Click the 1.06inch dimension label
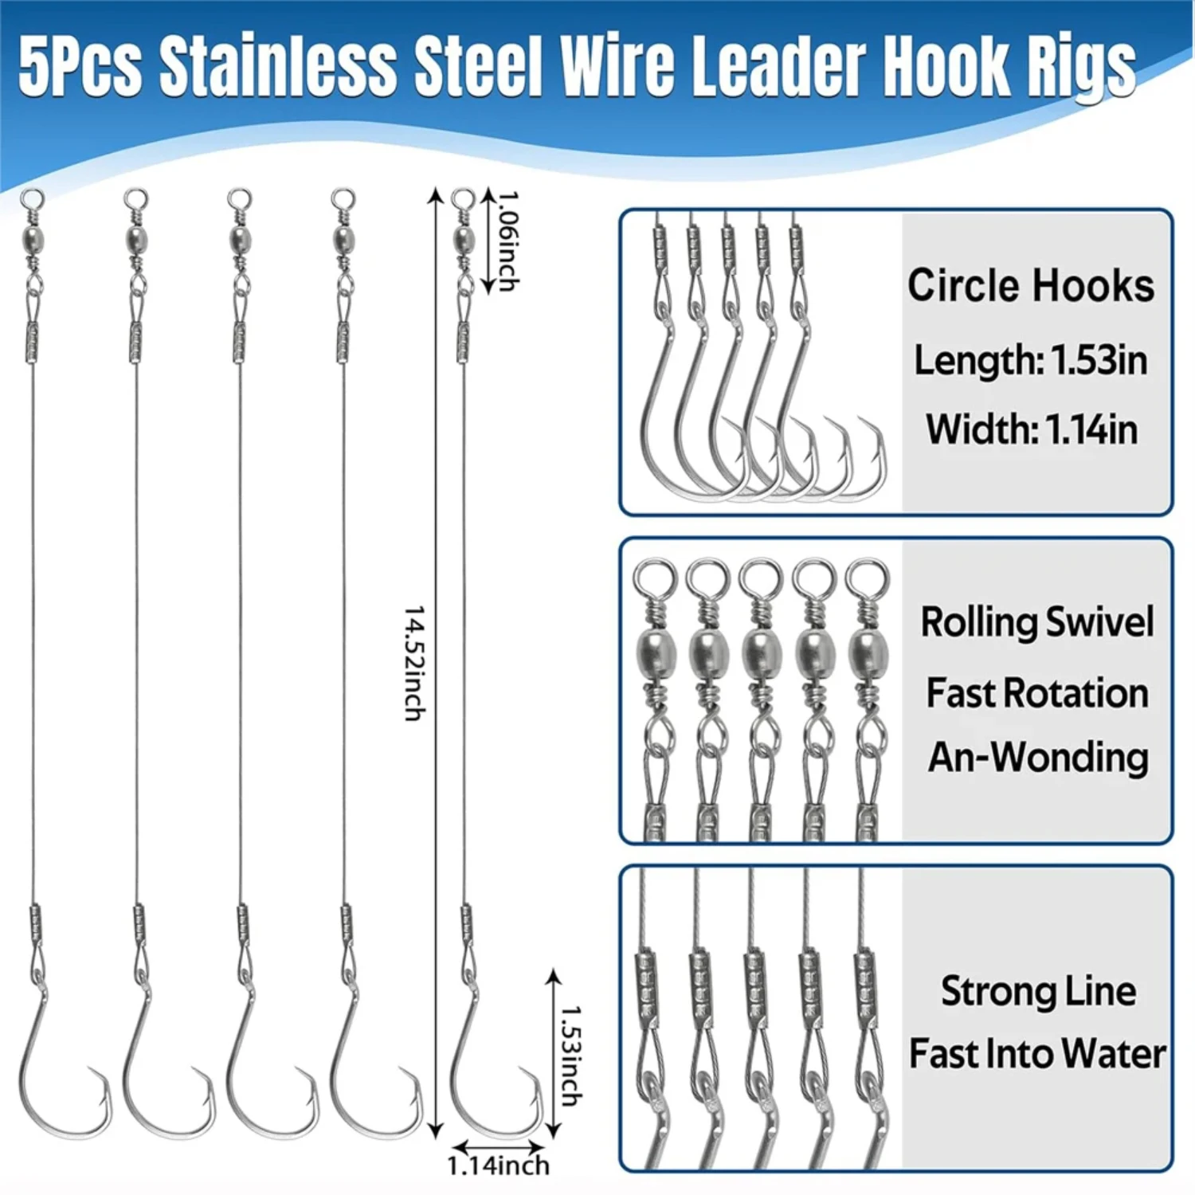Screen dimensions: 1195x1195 pyautogui.click(x=508, y=241)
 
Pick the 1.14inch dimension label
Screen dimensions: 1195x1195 pyautogui.click(x=498, y=1166)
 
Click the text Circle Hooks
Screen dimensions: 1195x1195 pyautogui.click(x=1031, y=285)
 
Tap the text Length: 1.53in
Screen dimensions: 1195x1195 pyautogui.click(x=1031, y=360)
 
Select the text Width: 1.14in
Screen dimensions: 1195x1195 pyautogui.click(x=1032, y=429)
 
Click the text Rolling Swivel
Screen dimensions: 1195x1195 pyautogui.click(x=1037, y=622)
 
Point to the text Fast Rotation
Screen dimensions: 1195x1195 pyautogui.click(x=1037, y=692)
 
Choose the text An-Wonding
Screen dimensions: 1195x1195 pyautogui.click(x=1038, y=757)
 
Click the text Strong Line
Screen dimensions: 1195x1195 pyautogui.click(x=1039, y=991)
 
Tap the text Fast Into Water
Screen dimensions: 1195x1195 pyautogui.click(x=1038, y=1053)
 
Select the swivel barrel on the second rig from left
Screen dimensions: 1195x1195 pyautogui.click(x=136, y=237)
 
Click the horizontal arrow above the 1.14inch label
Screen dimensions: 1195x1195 pyautogui.click(x=497, y=1146)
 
